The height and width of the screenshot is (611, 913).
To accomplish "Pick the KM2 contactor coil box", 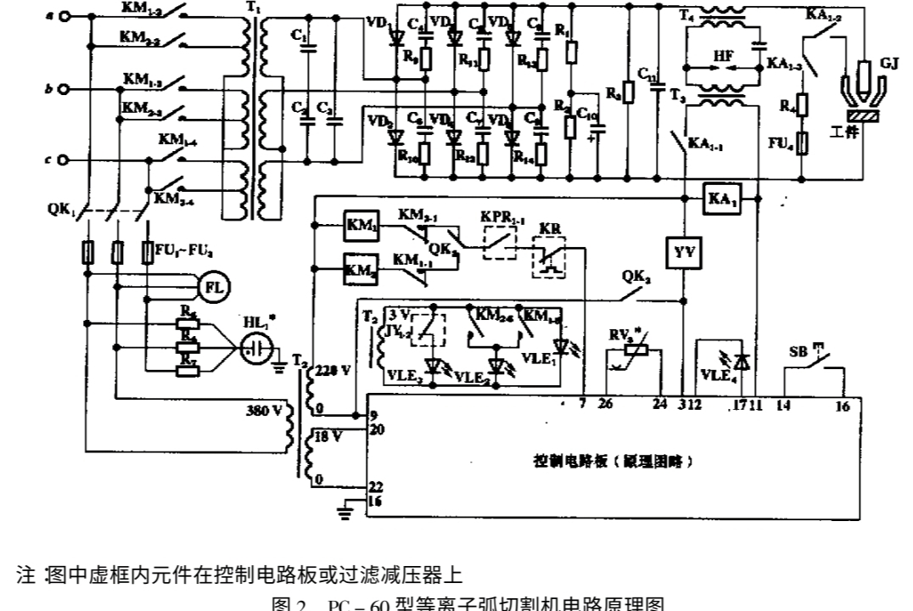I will coord(361,267).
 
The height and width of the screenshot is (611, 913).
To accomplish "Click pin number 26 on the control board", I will coord(604,404).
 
